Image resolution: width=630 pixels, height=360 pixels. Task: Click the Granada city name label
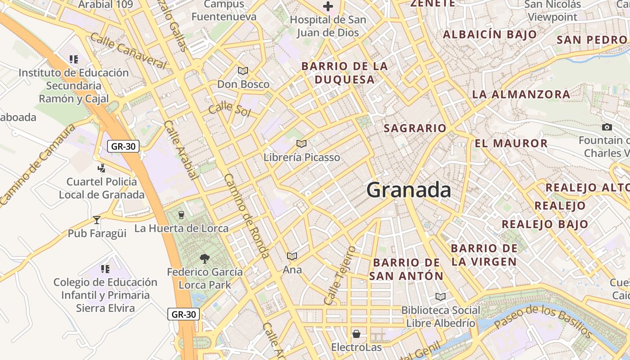(409, 190)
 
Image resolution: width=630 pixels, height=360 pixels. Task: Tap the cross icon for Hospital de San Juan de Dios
(328, 6)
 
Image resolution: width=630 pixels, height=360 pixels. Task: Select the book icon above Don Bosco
(243, 71)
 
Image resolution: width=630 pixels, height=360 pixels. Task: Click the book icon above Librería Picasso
(301, 144)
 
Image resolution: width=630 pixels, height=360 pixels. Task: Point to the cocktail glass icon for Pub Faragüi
(96, 220)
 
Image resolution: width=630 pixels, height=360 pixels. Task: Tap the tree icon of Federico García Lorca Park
(205, 258)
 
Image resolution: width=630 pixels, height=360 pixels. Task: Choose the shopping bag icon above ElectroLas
(356, 334)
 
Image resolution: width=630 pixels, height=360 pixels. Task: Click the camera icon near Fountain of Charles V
(607, 127)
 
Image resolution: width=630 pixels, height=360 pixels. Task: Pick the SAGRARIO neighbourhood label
(415, 128)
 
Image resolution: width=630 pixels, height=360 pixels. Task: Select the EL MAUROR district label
(511, 144)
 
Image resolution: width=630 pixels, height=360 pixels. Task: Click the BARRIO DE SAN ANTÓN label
(406, 269)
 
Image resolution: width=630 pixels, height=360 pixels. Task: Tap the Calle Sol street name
(229, 109)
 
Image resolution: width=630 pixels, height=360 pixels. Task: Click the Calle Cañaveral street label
(128, 50)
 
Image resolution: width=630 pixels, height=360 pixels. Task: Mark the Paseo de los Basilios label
(543, 320)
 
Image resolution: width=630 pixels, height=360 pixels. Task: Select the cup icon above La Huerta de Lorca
(181, 215)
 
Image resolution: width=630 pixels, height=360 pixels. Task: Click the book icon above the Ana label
(292, 256)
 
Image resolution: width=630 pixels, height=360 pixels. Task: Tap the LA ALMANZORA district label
(521, 94)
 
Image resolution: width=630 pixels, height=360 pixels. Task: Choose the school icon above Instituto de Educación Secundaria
(74, 59)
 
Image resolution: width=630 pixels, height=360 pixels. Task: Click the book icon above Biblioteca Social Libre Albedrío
(440, 297)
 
